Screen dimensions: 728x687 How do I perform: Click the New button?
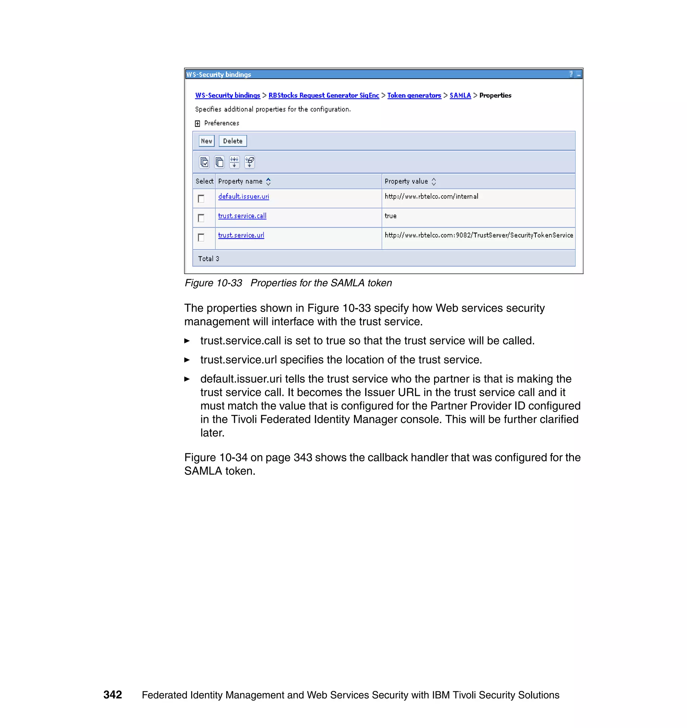206,141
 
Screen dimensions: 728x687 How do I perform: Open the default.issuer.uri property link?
244,196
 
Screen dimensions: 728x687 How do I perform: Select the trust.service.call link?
242,216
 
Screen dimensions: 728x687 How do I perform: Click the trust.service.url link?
241,235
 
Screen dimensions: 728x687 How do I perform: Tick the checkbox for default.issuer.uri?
201,199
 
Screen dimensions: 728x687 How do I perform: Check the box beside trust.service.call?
201,218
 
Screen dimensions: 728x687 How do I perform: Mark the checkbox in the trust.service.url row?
201,237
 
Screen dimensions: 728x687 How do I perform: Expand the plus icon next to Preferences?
197,124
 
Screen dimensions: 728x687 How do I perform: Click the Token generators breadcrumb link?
414,95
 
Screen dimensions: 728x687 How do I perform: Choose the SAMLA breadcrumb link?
460,95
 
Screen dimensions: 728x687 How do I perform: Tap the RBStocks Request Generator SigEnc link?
323,95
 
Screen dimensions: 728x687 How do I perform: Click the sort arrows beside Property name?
268,181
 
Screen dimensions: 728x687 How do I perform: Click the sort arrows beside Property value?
434,181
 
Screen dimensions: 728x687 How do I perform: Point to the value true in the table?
390,216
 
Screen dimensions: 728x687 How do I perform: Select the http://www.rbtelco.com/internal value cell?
431,196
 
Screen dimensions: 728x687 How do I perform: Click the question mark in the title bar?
571,74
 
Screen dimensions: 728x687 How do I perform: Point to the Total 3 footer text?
208,259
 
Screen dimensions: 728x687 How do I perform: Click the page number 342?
112,695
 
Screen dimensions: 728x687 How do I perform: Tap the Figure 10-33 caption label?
213,283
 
